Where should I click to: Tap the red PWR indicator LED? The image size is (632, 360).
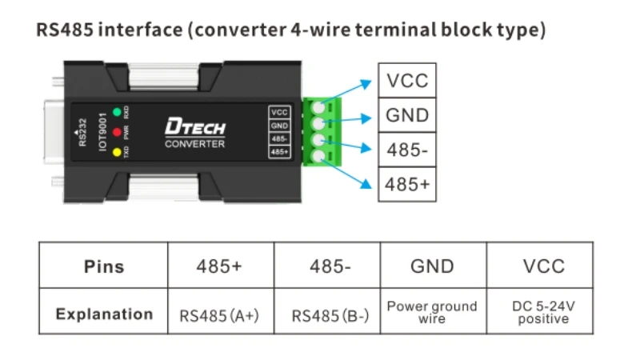(x=116, y=131)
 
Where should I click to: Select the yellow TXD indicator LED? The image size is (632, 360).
(x=116, y=151)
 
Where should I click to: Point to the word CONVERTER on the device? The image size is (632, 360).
(x=194, y=145)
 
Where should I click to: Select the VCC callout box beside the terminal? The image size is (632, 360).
(x=407, y=81)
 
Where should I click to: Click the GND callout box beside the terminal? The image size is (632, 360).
(x=407, y=115)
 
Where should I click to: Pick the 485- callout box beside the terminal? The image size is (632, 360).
(x=407, y=150)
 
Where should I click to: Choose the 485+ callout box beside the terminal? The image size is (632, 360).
(x=407, y=184)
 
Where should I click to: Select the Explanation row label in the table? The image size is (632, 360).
(x=104, y=314)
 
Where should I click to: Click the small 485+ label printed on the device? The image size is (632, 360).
(x=280, y=152)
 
